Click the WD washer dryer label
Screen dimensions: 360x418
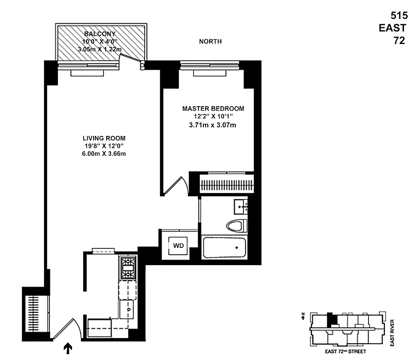[x=179, y=246]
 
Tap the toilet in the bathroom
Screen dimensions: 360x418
[x=236, y=225]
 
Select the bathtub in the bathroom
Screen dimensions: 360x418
[x=224, y=247]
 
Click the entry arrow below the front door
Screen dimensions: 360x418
[x=68, y=348]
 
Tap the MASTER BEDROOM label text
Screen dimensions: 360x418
[x=213, y=108]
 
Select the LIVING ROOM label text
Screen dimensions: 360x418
[x=104, y=138]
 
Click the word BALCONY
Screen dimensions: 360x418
[x=100, y=34]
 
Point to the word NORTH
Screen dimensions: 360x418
[x=210, y=41]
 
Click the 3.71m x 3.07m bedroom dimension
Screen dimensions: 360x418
[x=213, y=125]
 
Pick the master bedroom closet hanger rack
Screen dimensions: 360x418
[x=226, y=184]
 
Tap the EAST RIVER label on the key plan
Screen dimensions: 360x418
[x=392, y=333]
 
